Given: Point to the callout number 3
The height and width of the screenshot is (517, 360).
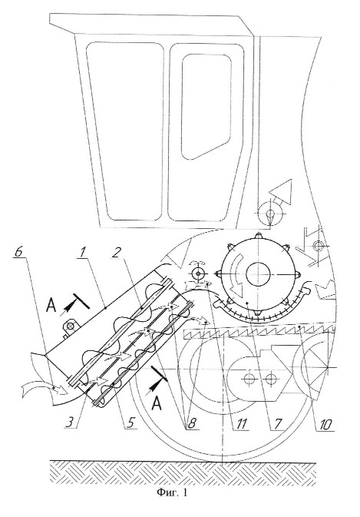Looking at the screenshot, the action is [x=71, y=423].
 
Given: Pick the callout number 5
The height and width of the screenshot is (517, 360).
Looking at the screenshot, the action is [x=130, y=423].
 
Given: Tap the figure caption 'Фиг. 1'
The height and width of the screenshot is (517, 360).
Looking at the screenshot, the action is [x=172, y=492].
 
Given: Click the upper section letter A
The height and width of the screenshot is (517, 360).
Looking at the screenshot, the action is [x=52, y=305].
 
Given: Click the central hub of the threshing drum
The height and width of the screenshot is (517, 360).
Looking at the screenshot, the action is [x=258, y=273].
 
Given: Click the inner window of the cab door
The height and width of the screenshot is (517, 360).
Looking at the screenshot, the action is [x=206, y=107].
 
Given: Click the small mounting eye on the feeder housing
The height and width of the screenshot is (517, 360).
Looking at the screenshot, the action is [x=70, y=326].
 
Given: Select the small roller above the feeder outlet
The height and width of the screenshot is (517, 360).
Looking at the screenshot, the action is [x=198, y=273].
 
